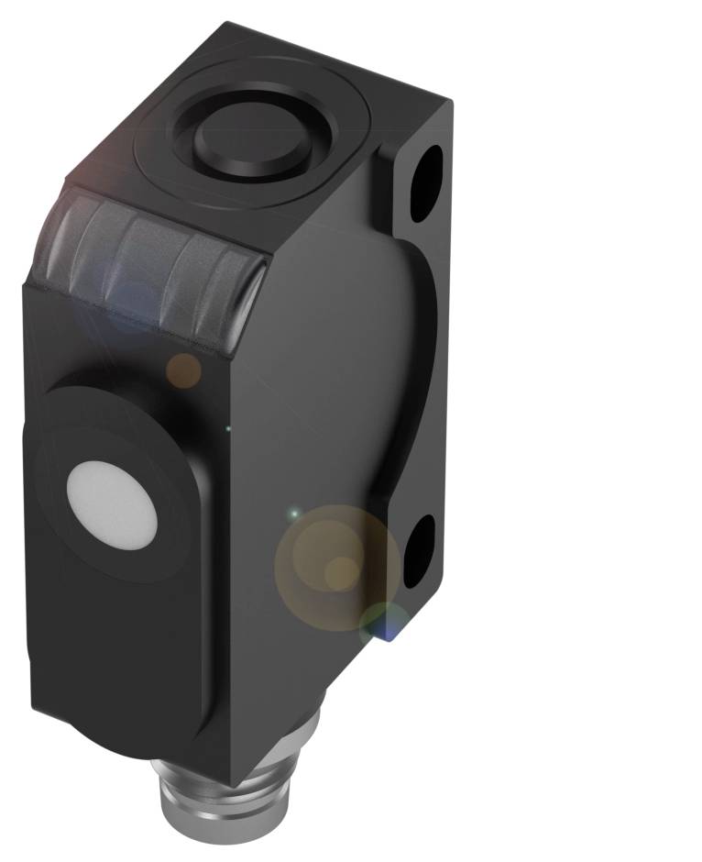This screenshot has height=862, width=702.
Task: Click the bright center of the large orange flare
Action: point(342,570)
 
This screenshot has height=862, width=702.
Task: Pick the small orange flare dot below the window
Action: point(184,370)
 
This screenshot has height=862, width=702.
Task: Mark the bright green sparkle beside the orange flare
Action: point(294,514)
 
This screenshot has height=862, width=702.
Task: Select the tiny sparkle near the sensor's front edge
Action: point(228,428)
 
